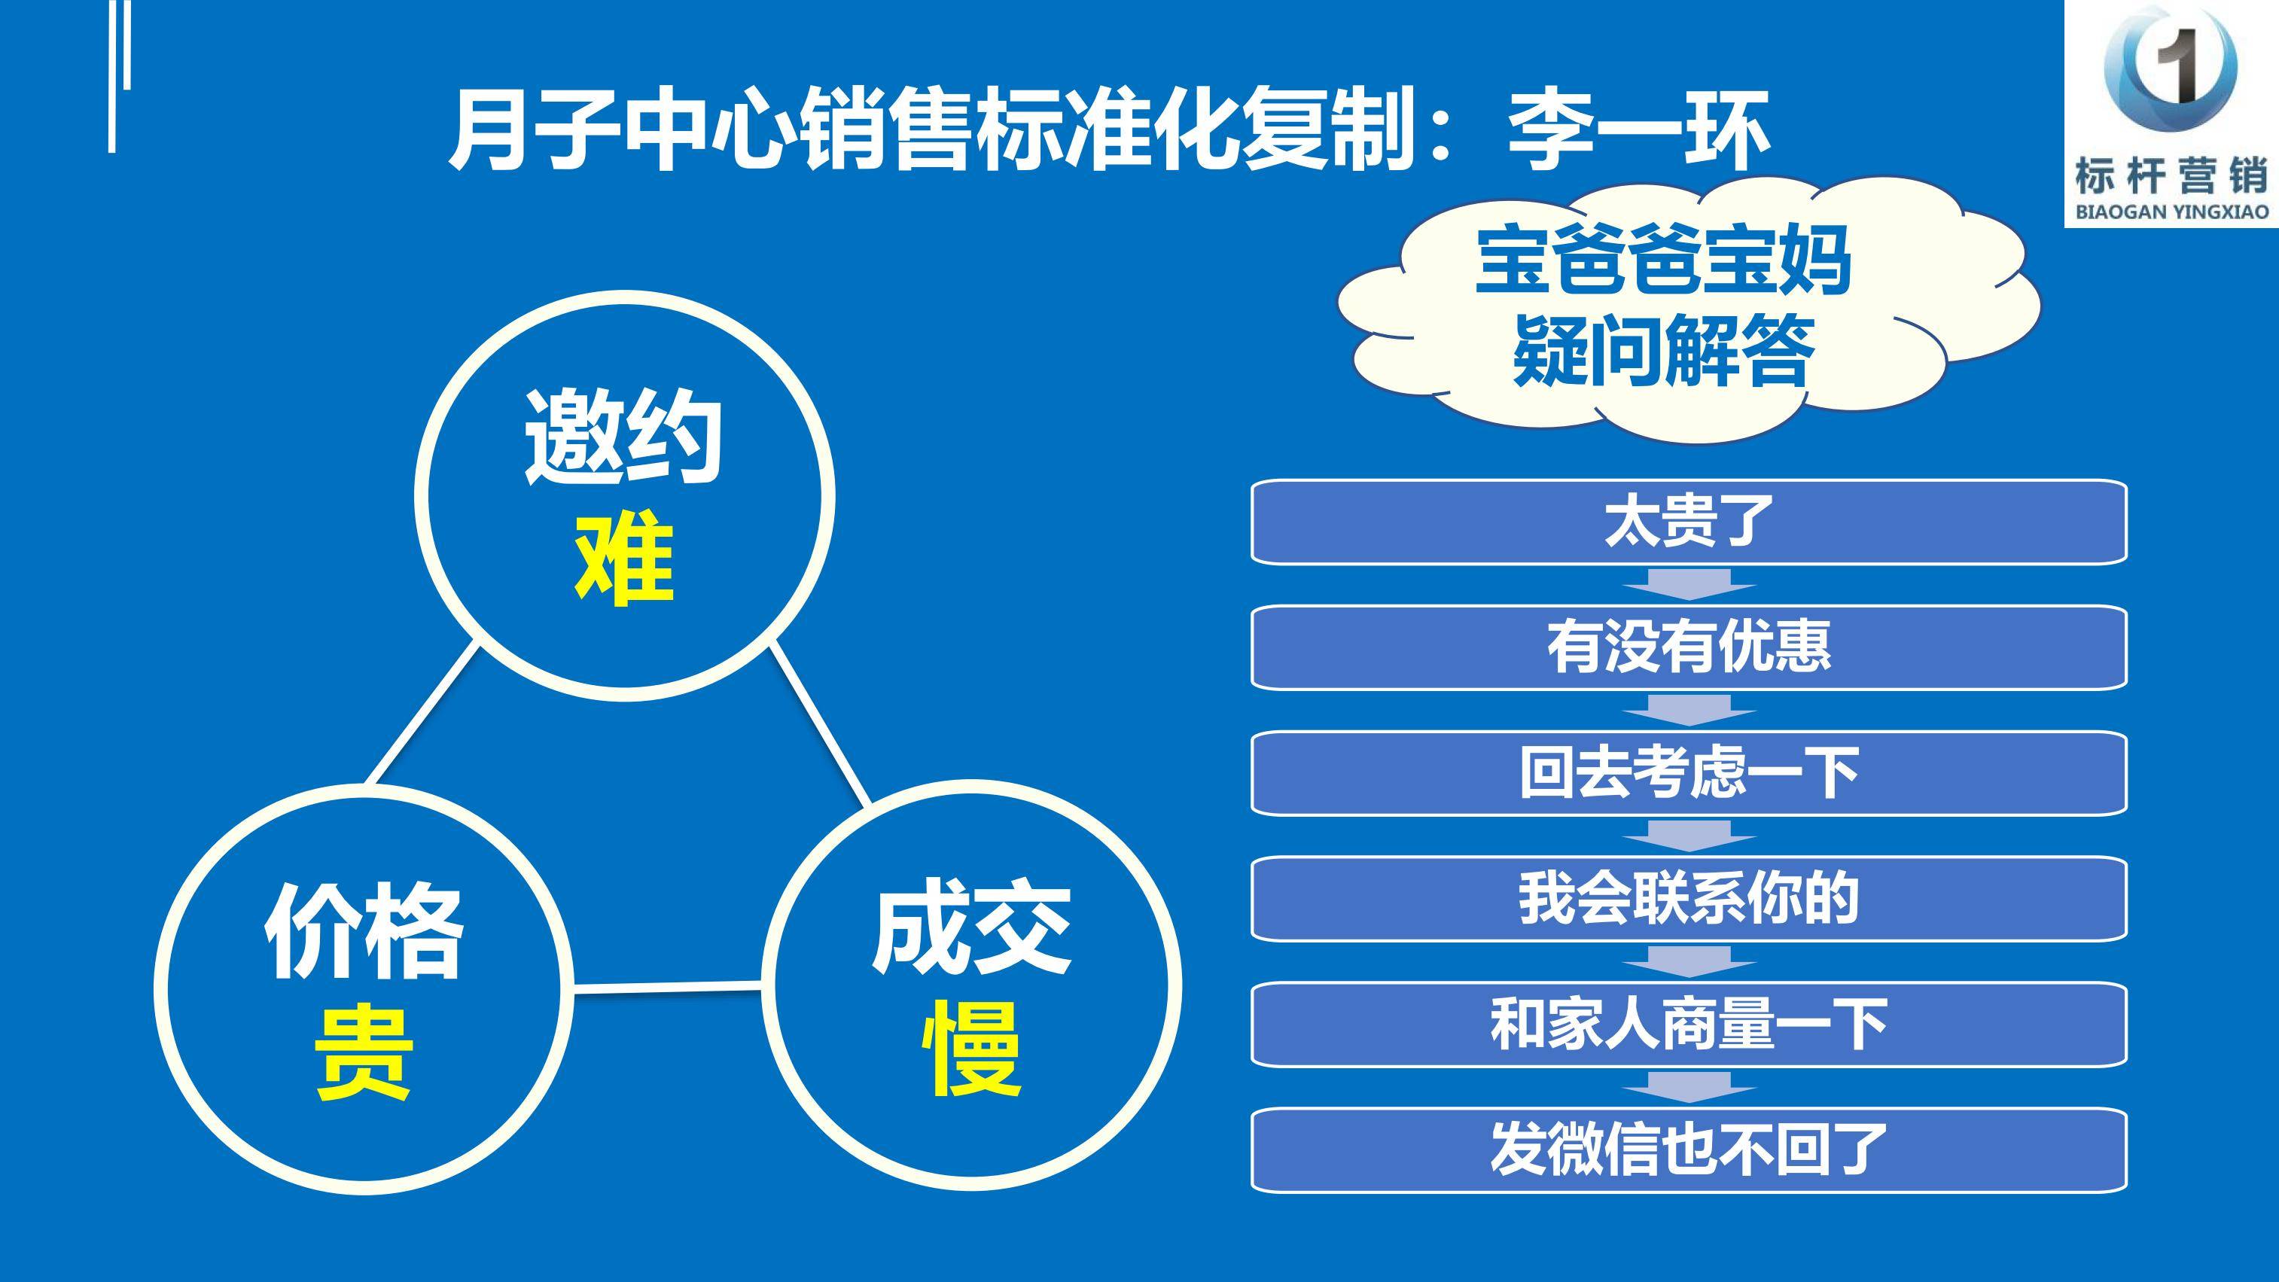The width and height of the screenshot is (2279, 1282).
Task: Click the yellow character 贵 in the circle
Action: [364, 1055]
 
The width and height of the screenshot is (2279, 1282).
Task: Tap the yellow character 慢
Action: [972, 1049]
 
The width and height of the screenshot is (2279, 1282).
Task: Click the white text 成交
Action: [972, 927]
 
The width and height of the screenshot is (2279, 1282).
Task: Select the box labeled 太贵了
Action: [1689, 522]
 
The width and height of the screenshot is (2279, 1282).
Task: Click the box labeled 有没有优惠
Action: [1689, 647]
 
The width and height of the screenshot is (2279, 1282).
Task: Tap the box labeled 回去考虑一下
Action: [1689, 773]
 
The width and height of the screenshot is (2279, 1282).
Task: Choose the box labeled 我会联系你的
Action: [1689, 899]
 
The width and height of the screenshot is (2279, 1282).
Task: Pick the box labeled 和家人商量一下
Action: [1689, 1025]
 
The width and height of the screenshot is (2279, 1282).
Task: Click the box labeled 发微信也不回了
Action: [1689, 1150]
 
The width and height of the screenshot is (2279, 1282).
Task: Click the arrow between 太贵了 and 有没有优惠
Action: [1689, 585]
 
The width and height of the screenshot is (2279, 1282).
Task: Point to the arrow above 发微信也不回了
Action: [1689, 1087]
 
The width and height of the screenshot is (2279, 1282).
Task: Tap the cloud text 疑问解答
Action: [1663, 352]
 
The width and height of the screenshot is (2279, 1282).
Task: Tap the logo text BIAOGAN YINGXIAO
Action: [2172, 212]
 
